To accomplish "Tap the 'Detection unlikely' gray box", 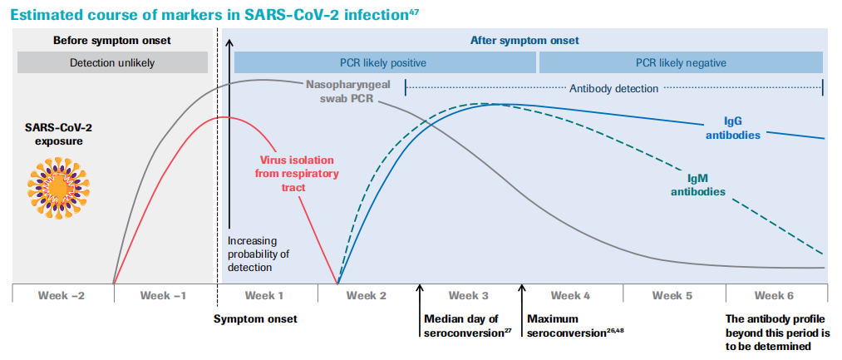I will (x=112, y=62).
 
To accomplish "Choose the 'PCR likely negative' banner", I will (x=681, y=62).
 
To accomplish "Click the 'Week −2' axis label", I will (x=63, y=295).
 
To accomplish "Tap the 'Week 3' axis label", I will (x=469, y=295).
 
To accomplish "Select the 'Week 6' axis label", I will (x=775, y=295).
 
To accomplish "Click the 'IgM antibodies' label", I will (x=696, y=185).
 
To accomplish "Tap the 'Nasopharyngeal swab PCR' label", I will (x=339, y=91).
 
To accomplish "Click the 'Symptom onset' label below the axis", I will (x=255, y=318).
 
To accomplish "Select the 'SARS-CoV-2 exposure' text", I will (x=59, y=135).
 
